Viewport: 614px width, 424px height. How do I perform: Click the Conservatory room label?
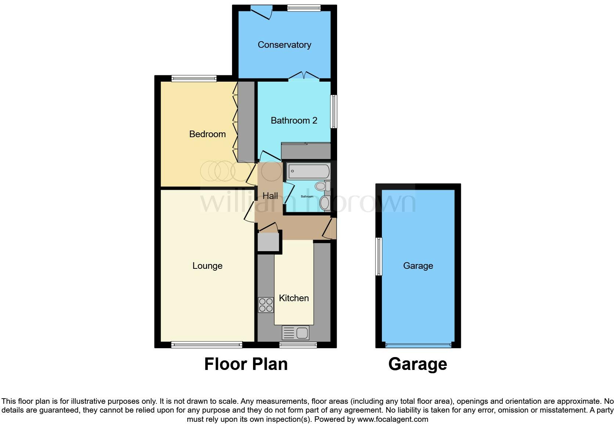[x=284, y=45]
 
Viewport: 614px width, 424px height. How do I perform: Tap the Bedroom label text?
[x=207, y=134]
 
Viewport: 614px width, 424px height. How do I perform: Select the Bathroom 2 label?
[x=294, y=121]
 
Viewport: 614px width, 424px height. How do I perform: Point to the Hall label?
[x=270, y=196]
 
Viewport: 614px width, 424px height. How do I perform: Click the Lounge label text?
[x=207, y=266]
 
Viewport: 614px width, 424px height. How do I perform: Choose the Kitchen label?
[x=294, y=298]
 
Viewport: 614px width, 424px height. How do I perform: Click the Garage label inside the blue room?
[x=418, y=266]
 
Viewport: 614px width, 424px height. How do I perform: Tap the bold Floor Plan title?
[x=246, y=364]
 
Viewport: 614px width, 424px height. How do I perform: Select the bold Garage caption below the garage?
[x=418, y=364]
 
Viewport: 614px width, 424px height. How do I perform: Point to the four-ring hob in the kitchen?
[x=266, y=305]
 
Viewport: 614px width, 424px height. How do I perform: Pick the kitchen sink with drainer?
[x=296, y=333]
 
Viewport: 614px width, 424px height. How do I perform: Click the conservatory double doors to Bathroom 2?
[x=304, y=76]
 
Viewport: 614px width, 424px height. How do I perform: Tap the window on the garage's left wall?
[x=379, y=256]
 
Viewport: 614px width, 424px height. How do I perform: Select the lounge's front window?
[x=206, y=345]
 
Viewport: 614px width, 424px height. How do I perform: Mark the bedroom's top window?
[x=194, y=78]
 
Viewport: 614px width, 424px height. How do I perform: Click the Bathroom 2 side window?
[x=333, y=112]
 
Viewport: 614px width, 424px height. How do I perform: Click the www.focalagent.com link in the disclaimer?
[x=393, y=419]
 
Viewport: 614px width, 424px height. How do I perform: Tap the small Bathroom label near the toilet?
[x=307, y=197]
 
